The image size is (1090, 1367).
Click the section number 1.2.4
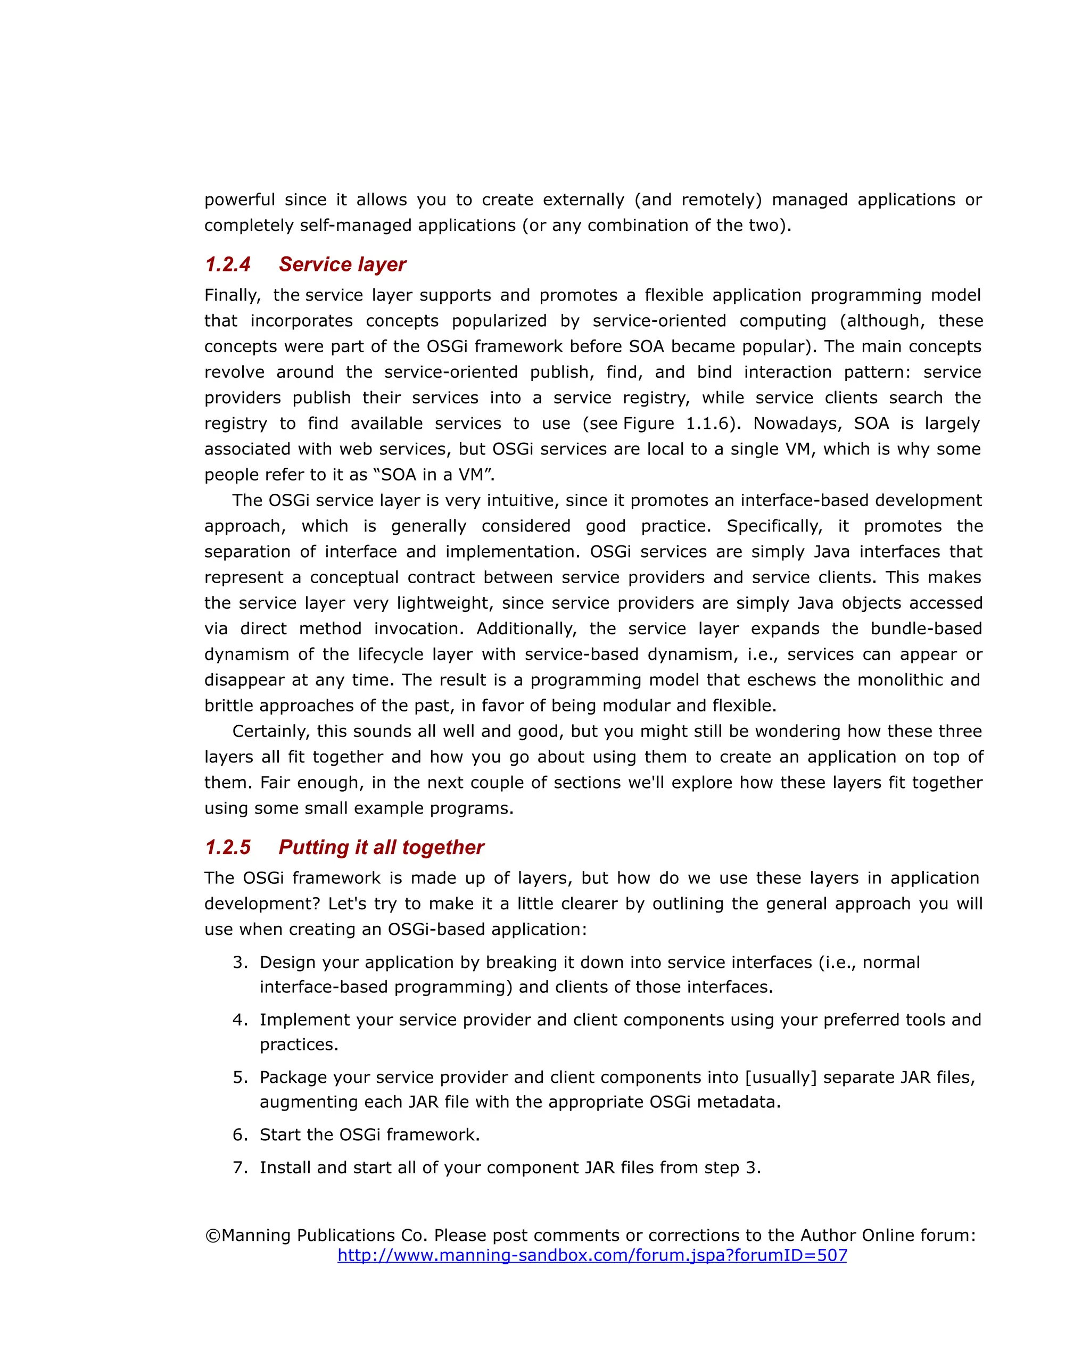(228, 264)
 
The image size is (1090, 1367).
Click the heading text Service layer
(342, 264)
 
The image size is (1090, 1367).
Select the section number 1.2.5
(228, 847)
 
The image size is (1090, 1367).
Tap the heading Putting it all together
(381, 847)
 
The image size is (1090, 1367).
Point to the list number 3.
(240, 963)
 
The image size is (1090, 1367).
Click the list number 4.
(240, 1020)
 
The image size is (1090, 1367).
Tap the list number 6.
(240, 1134)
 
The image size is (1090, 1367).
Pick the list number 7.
(240, 1167)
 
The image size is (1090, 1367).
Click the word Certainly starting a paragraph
(271, 731)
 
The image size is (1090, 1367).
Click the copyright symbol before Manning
(212, 1235)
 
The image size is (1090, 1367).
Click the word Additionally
(526, 628)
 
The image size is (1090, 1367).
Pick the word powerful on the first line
(239, 200)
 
